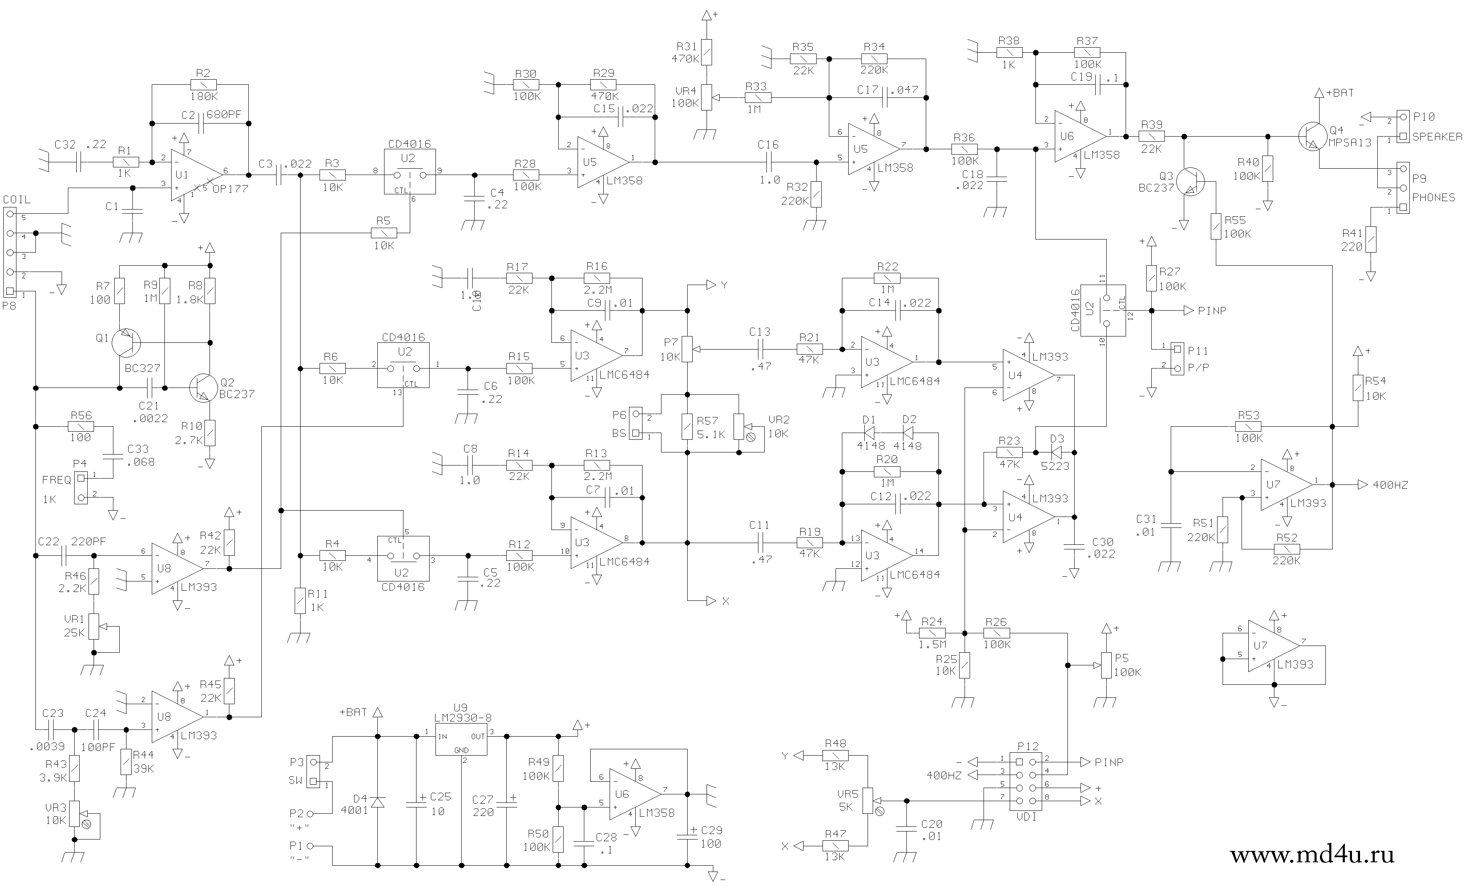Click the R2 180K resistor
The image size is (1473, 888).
click(x=203, y=84)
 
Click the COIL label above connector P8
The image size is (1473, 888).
click(x=17, y=200)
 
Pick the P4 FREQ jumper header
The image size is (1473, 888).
click(x=81, y=487)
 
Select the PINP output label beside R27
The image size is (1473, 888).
click(x=1212, y=311)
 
